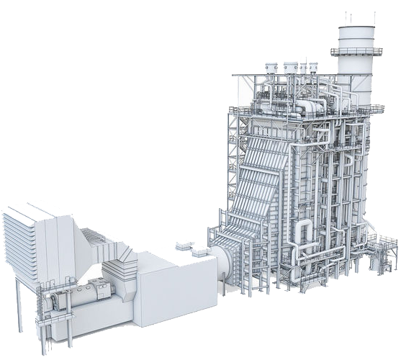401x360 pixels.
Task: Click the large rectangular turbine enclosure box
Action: point(176,288)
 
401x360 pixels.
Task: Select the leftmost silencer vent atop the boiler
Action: point(271,69)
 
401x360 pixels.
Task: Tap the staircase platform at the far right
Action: point(382,248)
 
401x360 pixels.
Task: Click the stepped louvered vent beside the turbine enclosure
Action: point(94,238)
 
